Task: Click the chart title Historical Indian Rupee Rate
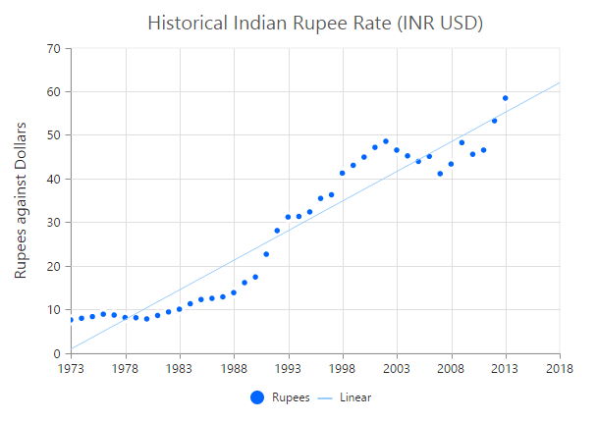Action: (x=314, y=22)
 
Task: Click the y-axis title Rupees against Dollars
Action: (x=21, y=200)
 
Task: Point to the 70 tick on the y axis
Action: (x=53, y=49)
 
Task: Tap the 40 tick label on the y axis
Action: (x=53, y=180)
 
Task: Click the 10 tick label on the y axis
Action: (x=53, y=310)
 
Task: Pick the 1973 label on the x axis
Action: (x=71, y=369)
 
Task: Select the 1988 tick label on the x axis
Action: (x=234, y=369)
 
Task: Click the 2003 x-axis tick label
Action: (x=397, y=369)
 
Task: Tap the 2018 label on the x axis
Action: (x=560, y=369)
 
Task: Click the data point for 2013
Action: (x=506, y=98)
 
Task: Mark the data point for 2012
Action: (x=495, y=121)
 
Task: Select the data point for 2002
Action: (x=386, y=141)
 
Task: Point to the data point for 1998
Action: (x=343, y=173)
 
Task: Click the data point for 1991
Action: (x=266, y=254)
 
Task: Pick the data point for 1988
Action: (x=234, y=292)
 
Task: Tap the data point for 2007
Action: (x=440, y=174)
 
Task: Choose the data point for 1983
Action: (x=180, y=309)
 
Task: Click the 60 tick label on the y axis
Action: (x=53, y=92)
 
